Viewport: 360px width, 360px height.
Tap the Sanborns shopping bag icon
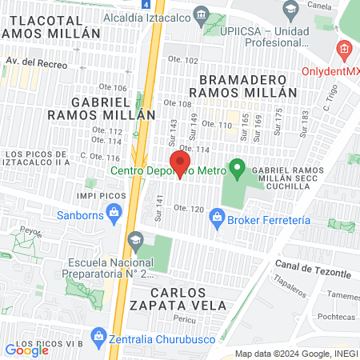pos(114,213)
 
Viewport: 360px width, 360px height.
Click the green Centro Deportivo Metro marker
pos(237,170)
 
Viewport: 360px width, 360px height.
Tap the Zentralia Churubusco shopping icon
pos(98,335)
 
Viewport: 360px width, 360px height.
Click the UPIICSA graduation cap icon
pos(290,12)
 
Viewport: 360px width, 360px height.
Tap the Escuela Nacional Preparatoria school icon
pos(135,240)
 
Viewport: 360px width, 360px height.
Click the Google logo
pos(27,350)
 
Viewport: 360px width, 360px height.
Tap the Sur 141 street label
pos(159,209)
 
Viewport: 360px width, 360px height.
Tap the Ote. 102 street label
pos(182,61)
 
